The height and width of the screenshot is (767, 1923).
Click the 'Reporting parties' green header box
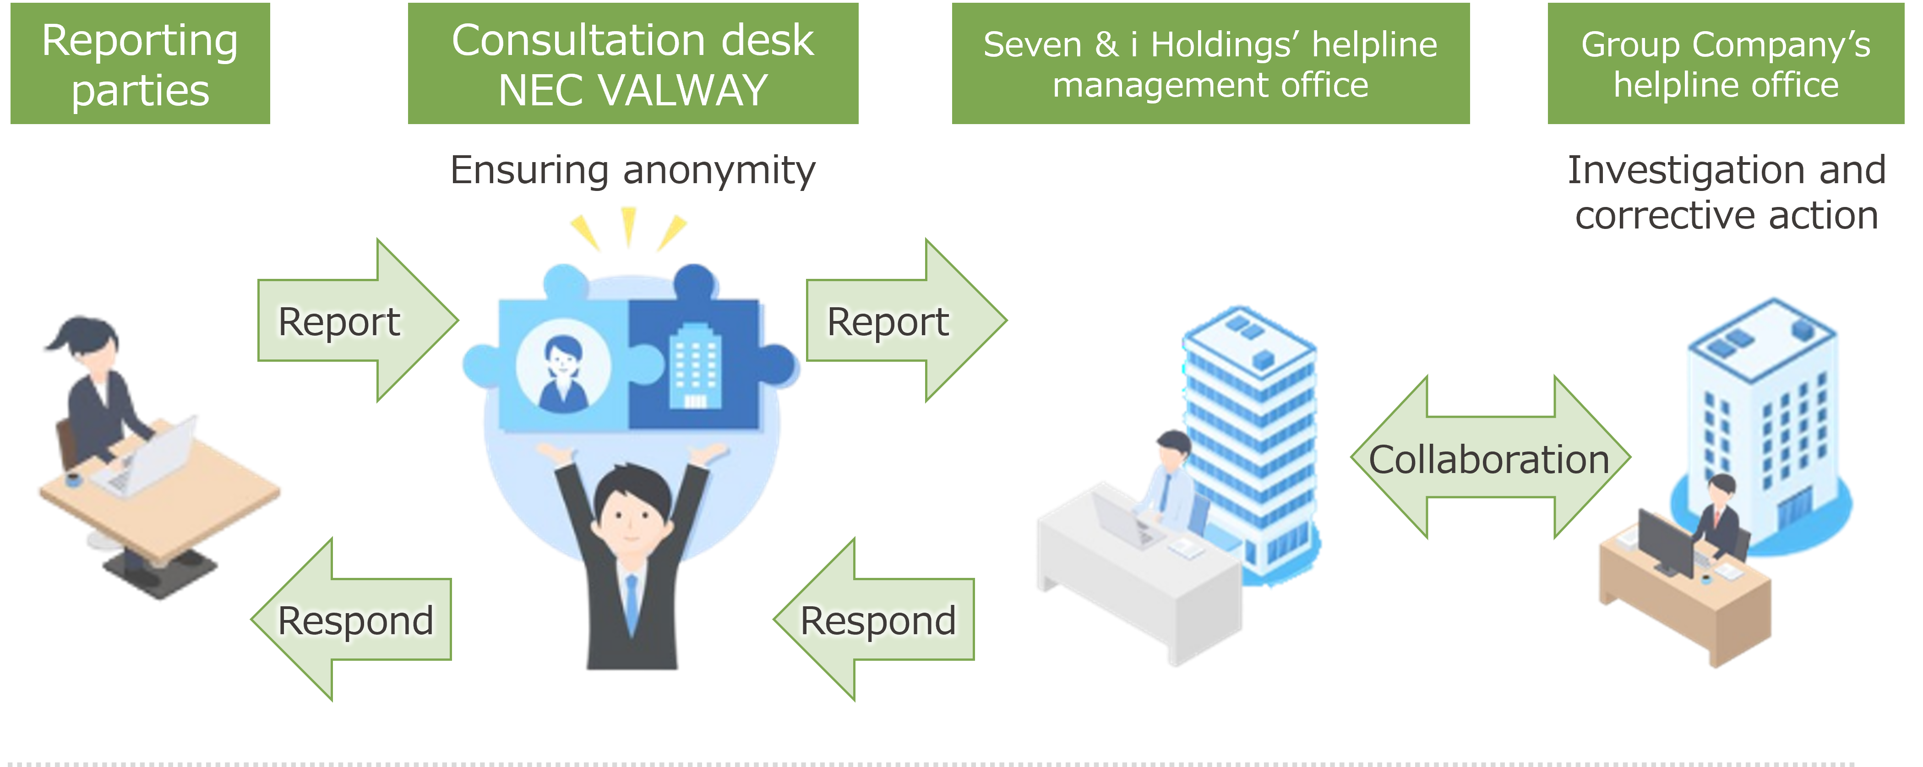coord(140,63)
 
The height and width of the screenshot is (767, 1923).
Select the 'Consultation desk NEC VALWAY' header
coord(633,63)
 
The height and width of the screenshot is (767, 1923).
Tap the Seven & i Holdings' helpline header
coord(1211,63)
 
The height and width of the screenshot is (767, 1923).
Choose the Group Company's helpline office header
coord(1726,63)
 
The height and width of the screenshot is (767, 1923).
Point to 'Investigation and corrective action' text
coord(1727,192)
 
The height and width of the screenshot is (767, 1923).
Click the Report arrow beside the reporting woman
coord(357,321)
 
